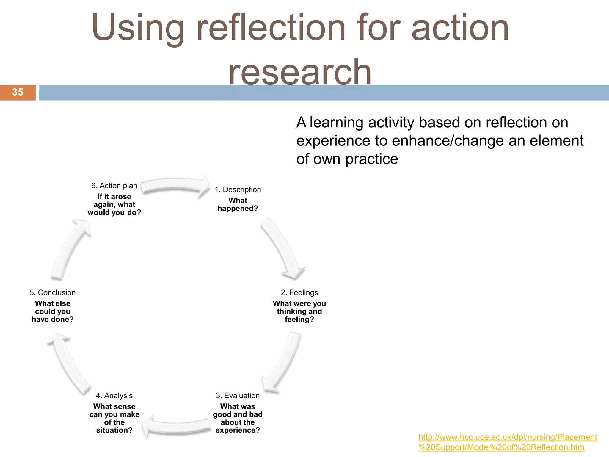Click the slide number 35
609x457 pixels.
coord(18,92)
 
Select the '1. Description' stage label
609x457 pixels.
coord(238,190)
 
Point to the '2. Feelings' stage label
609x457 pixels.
coord(299,292)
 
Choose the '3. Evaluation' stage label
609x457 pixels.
coord(238,395)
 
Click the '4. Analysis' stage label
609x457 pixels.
coord(114,395)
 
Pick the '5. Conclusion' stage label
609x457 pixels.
coord(53,292)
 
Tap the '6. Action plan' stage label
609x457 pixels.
coord(114,186)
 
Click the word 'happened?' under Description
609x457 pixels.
coord(238,209)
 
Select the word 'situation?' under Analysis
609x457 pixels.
coord(114,430)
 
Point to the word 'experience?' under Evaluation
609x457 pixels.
coord(238,430)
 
